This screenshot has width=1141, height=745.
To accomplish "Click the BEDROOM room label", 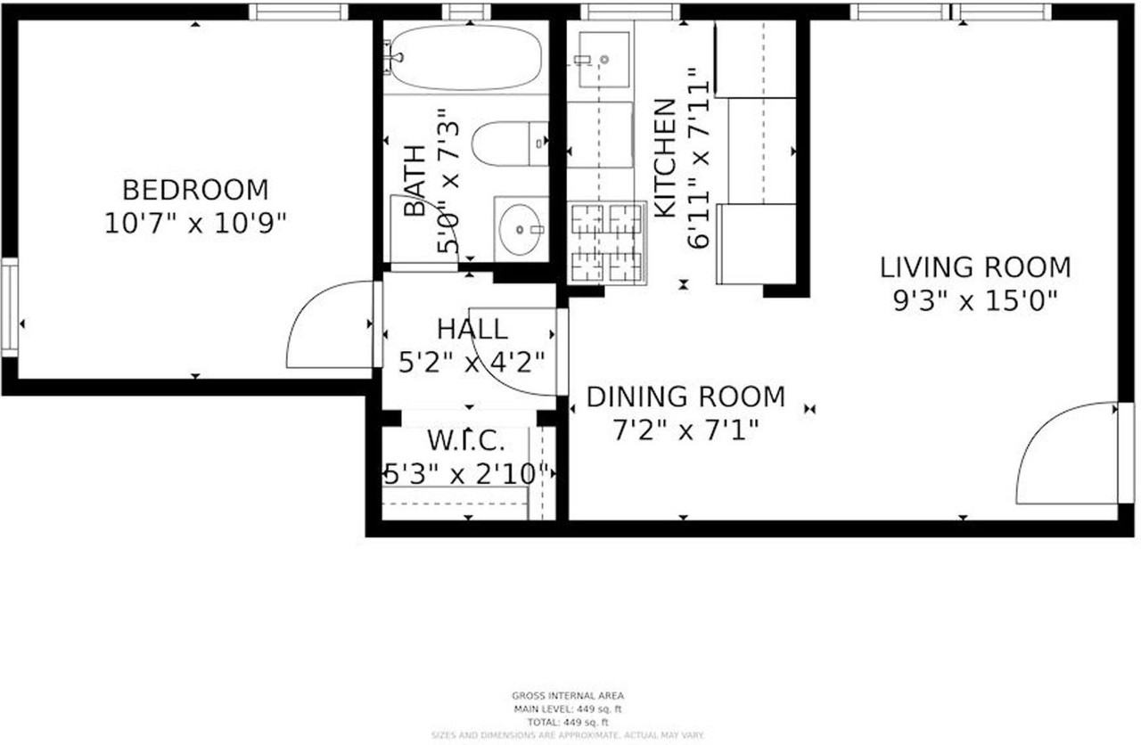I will [194, 190].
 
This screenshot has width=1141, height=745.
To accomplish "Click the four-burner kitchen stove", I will [606, 242].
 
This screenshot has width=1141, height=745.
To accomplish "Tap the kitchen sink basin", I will [604, 59].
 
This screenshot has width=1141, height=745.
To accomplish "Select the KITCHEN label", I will [665, 159].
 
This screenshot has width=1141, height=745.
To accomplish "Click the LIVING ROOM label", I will [975, 267].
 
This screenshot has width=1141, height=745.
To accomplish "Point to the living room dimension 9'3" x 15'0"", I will [975, 301].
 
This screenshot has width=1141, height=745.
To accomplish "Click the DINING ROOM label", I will [685, 397].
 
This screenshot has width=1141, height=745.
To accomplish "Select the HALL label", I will [472, 329].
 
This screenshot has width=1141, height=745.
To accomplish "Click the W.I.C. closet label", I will [466, 440].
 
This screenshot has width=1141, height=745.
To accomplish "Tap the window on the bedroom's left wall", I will [9, 307].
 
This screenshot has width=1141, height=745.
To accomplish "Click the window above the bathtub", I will [466, 12].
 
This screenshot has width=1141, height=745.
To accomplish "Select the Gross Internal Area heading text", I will [567, 696].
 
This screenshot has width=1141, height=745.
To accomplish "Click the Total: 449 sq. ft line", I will [567, 722].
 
